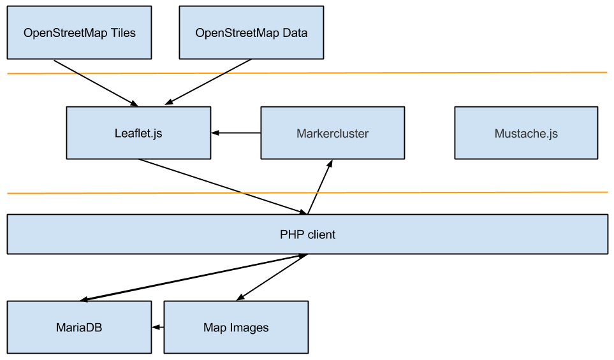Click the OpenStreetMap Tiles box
point(79,32)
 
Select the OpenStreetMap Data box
point(251,32)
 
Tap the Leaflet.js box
point(138,133)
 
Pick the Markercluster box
point(332,133)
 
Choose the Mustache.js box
point(526,133)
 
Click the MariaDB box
point(79,327)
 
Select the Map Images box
point(236,327)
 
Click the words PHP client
point(307,234)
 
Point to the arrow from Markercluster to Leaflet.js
point(236,133)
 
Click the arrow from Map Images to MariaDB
point(158,327)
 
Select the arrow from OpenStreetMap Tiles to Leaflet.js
point(96,83)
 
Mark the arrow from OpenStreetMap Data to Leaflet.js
point(208,82)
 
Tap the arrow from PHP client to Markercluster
point(320,187)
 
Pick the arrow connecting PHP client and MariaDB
point(193,277)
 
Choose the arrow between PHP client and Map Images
point(272,277)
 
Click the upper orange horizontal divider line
point(307,73)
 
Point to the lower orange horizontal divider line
point(307,192)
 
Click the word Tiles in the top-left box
point(123,33)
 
